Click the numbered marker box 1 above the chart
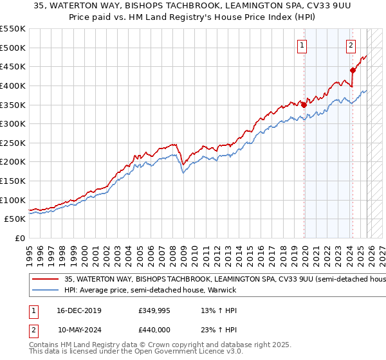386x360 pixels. (302, 45)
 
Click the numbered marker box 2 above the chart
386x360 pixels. (351, 45)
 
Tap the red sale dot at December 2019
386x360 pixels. (304, 105)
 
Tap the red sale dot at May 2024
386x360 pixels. (353, 71)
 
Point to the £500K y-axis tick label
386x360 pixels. (14, 48)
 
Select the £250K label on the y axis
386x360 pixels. (14, 143)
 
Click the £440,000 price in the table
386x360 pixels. (154, 329)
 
